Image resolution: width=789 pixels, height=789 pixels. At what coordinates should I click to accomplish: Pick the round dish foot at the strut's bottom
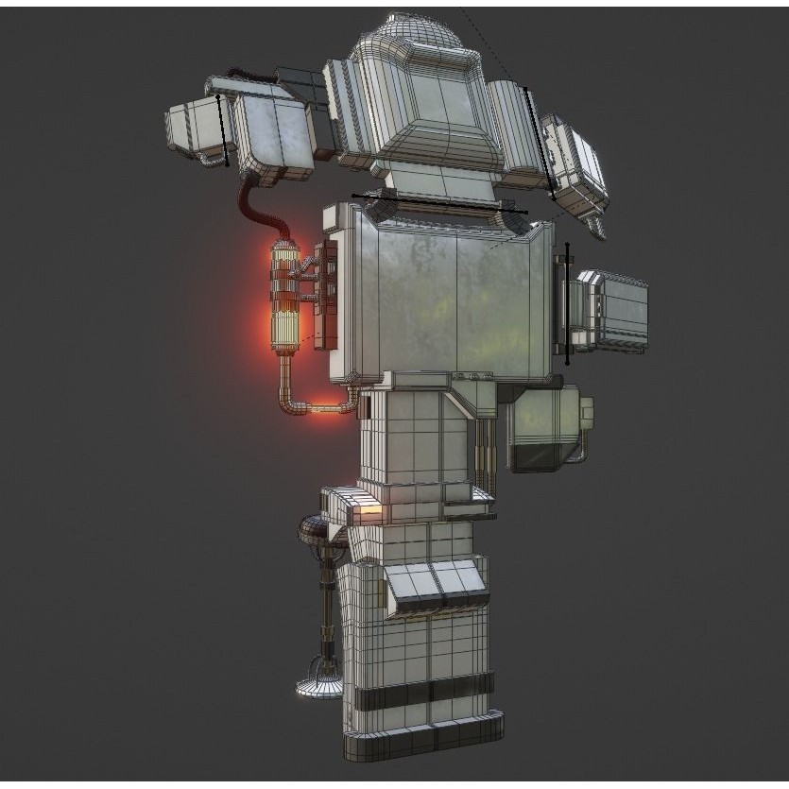(319, 685)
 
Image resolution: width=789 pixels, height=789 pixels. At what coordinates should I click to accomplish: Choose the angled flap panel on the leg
(435, 582)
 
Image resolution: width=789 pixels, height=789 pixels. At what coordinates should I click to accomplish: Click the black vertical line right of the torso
(567, 302)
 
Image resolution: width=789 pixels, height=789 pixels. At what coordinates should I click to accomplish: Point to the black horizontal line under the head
(439, 203)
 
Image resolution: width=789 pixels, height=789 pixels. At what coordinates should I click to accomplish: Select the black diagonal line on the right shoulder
(540, 142)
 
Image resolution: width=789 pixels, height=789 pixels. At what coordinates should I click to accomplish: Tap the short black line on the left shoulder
(223, 129)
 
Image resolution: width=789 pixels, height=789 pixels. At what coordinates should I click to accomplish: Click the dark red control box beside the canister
(325, 292)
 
